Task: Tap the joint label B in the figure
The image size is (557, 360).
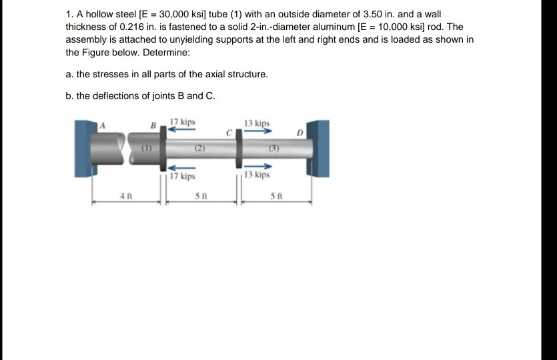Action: (x=153, y=126)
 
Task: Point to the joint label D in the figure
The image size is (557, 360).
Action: (x=300, y=133)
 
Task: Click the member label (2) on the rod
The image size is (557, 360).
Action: (x=198, y=148)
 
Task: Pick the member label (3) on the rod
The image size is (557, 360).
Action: (x=273, y=148)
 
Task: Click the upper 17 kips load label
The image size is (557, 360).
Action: (x=183, y=122)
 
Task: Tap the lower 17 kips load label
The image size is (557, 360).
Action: (x=183, y=177)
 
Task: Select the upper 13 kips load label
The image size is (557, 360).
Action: (x=257, y=123)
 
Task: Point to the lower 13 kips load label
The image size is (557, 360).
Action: (x=257, y=175)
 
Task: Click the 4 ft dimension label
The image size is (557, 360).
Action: (x=124, y=196)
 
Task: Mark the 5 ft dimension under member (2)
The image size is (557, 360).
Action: (x=199, y=196)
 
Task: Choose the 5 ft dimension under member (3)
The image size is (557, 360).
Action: (x=275, y=196)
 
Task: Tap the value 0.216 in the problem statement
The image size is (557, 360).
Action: (x=126, y=27)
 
